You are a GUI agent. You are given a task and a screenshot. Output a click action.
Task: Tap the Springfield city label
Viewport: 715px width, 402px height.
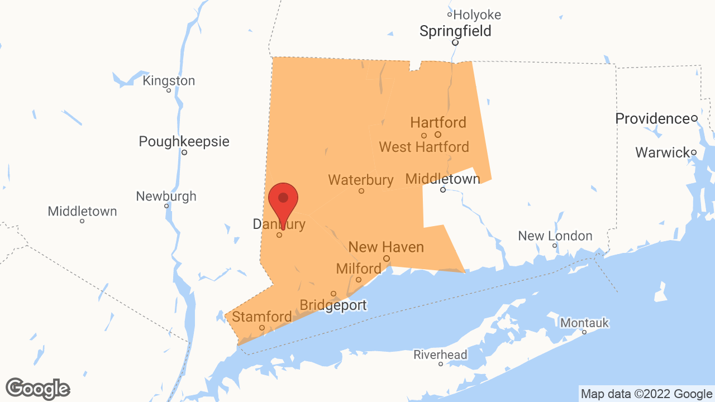455,31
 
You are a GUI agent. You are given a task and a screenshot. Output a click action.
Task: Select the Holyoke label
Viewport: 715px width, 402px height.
477,15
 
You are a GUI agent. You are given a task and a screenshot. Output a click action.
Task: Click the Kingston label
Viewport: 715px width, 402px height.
169,81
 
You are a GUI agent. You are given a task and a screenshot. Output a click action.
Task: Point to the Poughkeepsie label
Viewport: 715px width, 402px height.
184,142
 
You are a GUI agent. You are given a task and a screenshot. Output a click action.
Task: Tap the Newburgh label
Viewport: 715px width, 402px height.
166,197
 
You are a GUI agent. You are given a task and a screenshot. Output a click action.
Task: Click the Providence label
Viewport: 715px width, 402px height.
652,119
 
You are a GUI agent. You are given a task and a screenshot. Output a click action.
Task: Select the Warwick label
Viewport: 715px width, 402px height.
662,152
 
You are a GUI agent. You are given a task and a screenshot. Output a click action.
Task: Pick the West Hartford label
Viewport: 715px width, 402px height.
424,147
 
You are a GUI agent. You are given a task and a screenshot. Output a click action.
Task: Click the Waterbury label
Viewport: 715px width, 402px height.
361,180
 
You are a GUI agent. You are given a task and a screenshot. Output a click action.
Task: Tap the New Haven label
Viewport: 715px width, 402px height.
386,247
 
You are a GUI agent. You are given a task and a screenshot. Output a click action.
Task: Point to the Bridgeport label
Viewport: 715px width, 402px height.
333,305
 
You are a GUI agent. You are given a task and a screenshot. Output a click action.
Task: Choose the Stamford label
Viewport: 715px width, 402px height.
261,317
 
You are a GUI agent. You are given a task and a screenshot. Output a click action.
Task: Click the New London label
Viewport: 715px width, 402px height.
555,236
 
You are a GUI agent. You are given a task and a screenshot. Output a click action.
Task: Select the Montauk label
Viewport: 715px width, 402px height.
584,323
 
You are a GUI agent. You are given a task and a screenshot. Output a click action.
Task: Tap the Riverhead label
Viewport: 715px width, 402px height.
440,355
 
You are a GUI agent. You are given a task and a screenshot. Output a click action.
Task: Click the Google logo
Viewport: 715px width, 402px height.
38,389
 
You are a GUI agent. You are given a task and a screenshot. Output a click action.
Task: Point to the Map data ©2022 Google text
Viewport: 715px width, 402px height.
646,394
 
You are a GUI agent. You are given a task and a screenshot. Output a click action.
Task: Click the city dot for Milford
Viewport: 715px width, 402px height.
359,280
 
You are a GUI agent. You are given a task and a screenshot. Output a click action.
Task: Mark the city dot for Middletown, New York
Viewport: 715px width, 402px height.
82,221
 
